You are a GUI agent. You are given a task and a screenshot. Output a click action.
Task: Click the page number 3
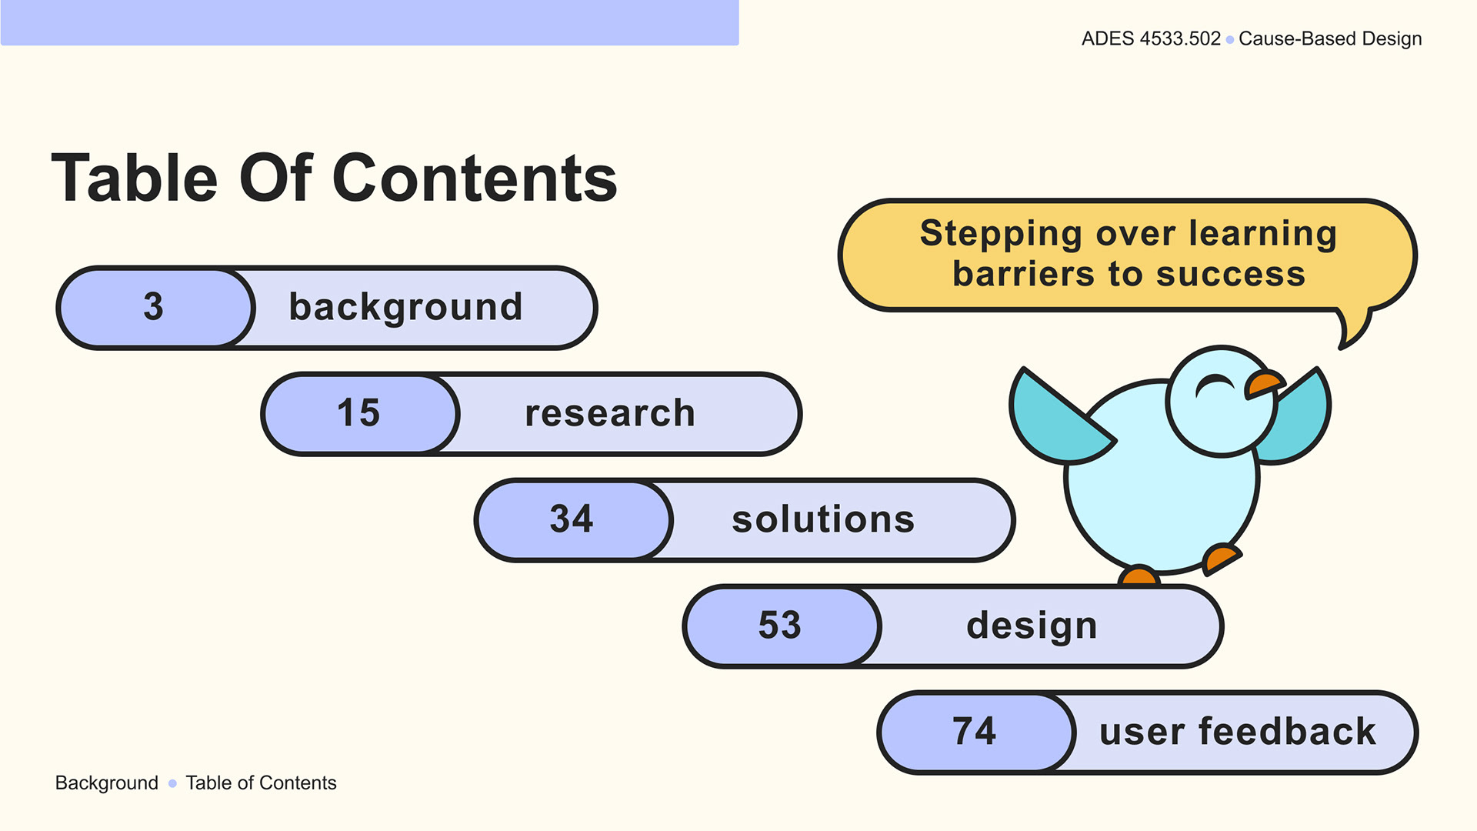pos(153,306)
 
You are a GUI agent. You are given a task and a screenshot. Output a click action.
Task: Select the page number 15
pos(358,412)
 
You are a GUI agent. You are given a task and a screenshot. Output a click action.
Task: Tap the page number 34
pos(572,519)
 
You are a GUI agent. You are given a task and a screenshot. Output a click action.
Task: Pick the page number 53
pos(780,625)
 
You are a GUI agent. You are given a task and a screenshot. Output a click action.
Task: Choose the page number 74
pos(975,731)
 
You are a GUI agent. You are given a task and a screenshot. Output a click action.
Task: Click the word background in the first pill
pos(405,308)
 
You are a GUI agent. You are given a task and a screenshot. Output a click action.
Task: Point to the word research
pos(610,413)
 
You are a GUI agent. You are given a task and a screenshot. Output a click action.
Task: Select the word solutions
pos(823,519)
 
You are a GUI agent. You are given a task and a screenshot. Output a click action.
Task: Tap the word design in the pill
pos(1032,626)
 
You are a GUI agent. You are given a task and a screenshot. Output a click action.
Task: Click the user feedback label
pos(1237,731)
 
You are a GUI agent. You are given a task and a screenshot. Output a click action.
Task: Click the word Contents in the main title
pos(475,179)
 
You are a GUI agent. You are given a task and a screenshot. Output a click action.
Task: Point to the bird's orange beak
pos(1264,383)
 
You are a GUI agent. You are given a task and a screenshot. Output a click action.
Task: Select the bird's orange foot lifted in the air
pos(1221,559)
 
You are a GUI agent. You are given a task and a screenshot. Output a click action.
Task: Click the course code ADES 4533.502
pos(1151,38)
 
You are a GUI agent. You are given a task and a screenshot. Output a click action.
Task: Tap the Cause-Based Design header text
pos(1330,38)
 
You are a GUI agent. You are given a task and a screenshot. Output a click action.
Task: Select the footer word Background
pos(107,783)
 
